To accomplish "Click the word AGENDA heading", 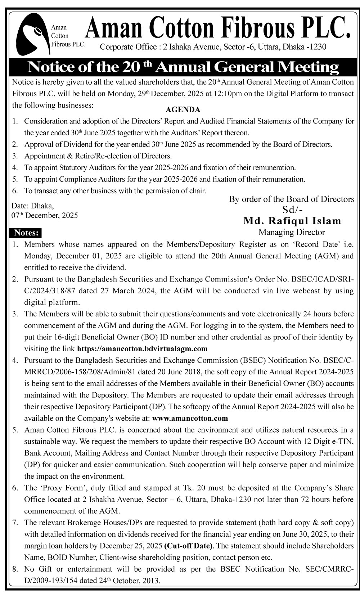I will [x=183, y=110].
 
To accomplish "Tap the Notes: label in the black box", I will [x=26, y=233].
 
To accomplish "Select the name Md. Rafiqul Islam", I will [x=292, y=221].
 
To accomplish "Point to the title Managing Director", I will [x=292, y=232].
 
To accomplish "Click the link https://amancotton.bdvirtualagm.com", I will [x=142, y=348].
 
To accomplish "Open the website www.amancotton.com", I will [x=190, y=418].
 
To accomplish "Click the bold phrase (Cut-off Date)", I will [x=188, y=546].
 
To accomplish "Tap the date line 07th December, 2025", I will [x=45, y=216].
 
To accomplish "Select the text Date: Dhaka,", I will [x=33, y=206].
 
